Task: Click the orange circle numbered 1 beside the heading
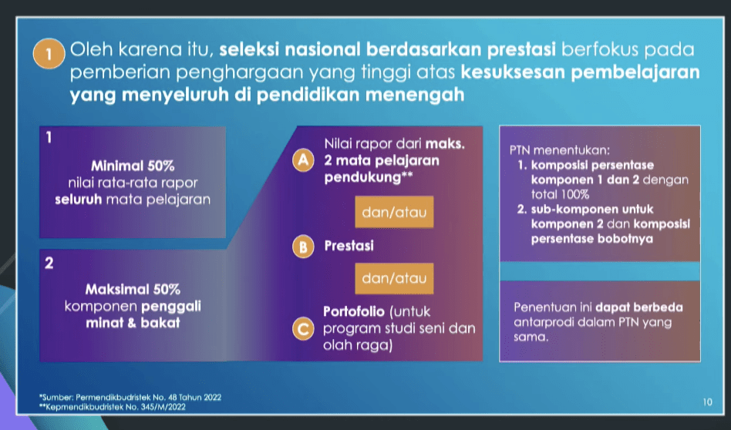[49, 54]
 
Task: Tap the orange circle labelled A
[303, 161]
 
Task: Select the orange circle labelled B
[303, 246]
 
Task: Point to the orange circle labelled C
[303, 329]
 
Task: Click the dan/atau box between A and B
[394, 212]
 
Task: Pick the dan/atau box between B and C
[394, 278]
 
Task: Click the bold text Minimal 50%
[133, 166]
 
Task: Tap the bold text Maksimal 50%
[133, 289]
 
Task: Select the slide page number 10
[708, 401]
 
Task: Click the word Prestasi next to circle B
[349, 246]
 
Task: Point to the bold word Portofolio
[354, 311]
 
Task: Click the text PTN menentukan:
[560, 150]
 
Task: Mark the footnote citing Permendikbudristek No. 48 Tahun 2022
[130, 398]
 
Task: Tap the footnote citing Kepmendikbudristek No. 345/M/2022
[113, 407]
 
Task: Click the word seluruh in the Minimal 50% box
[79, 200]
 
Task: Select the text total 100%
[561, 194]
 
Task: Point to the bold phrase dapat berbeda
[639, 307]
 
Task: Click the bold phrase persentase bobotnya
[592, 239]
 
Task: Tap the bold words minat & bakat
[133, 323]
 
